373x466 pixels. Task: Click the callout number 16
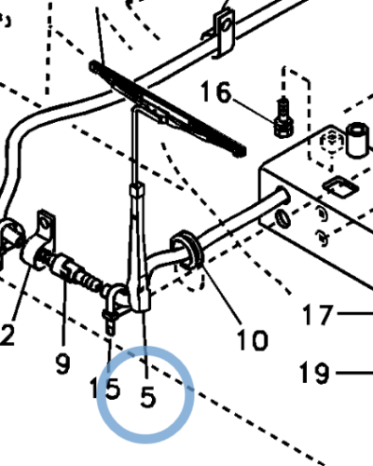pyautogui.click(x=216, y=91)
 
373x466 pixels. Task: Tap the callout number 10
pyautogui.click(x=252, y=340)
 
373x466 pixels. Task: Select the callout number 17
pyautogui.click(x=318, y=314)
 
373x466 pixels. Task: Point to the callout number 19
pyautogui.click(x=314, y=373)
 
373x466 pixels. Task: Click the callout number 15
pyautogui.click(x=104, y=389)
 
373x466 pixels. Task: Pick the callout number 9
pyautogui.click(x=63, y=363)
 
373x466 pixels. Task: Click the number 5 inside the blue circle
pyautogui.click(x=147, y=397)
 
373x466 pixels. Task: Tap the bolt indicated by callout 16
pyautogui.click(x=283, y=118)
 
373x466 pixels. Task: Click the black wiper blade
pyautogui.click(x=168, y=109)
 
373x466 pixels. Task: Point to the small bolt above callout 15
pyautogui.click(x=110, y=322)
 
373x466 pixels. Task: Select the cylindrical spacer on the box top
pyautogui.click(x=358, y=140)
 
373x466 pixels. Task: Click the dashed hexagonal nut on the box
pyautogui.click(x=332, y=142)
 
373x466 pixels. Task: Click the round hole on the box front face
pyautogui.click(x=283, y=218)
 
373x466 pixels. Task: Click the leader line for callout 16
pyautogui.click(x=254, y=111)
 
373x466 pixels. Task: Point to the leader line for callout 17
pyautogui.click(x=355, y=314)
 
